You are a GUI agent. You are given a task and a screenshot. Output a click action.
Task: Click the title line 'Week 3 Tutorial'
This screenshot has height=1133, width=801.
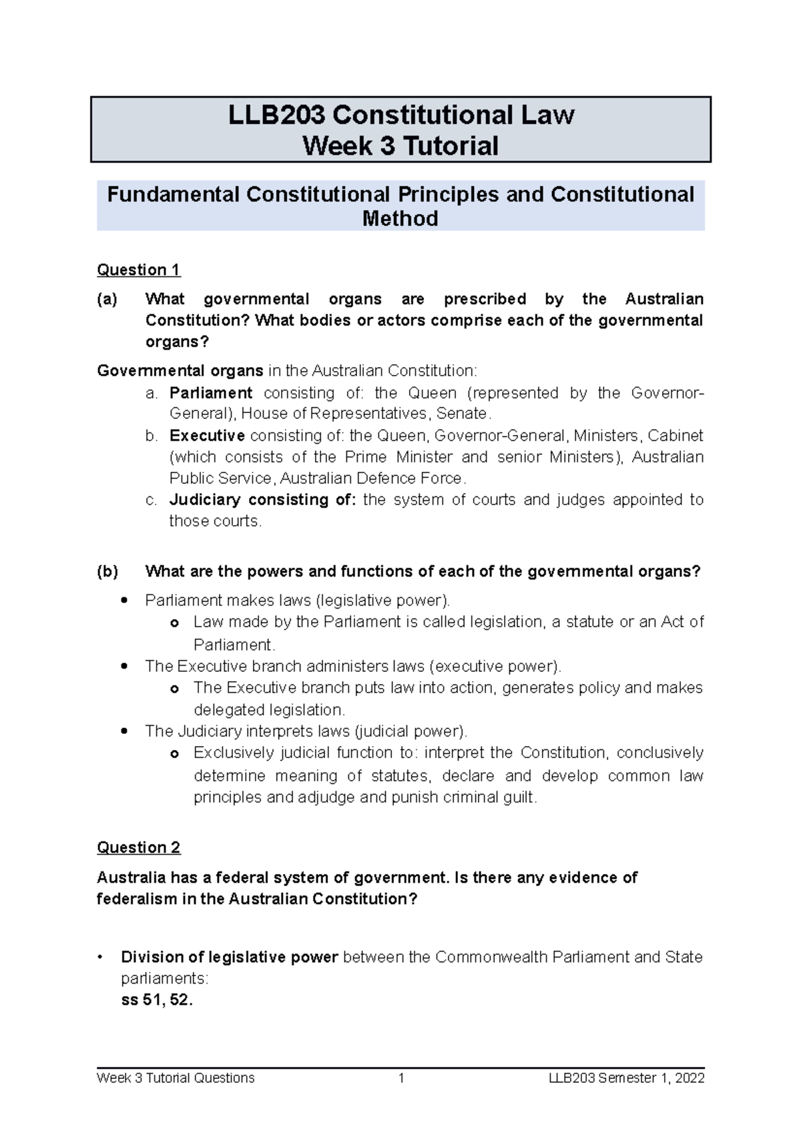(400, 145)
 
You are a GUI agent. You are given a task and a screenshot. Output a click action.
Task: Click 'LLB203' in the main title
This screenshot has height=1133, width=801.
(277, 115)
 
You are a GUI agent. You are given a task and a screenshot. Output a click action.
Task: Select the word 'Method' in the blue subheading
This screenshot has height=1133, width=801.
(400, 218)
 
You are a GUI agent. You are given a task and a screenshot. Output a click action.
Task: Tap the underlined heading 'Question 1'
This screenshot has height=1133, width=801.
(138, 270)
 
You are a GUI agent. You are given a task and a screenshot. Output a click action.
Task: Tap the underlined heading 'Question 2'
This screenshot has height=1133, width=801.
(138, 847)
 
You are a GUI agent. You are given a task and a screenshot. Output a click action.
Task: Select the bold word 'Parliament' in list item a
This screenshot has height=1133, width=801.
(211, 392)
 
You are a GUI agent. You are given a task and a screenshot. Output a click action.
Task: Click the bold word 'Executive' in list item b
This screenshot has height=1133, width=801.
(207, 436)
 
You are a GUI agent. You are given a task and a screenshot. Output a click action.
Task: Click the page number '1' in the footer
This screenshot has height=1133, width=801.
(401, 1078)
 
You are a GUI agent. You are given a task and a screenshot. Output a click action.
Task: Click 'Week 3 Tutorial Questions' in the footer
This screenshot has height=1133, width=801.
(176, 1078)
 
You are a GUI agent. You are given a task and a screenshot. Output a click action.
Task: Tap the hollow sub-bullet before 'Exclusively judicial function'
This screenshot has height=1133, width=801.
(175, 753)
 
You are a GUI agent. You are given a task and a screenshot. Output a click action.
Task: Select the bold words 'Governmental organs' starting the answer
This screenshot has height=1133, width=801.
(180, 370)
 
